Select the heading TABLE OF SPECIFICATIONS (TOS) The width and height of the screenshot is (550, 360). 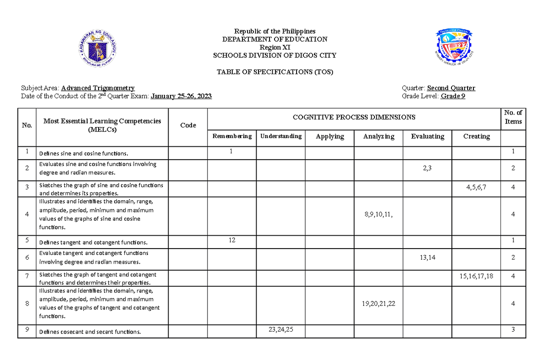pos(275,72)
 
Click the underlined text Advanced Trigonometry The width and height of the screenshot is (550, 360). pos(98,88)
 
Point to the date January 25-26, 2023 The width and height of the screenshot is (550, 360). pos(181,96)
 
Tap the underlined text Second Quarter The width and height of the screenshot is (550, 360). pos(451,88)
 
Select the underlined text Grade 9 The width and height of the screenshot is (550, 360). pos(453,96)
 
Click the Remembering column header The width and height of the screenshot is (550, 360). pos(232,136)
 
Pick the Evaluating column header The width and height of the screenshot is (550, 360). pos(427,136)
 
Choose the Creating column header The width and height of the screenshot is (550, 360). pos(476,136)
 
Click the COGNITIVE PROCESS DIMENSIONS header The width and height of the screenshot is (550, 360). pos(354,117)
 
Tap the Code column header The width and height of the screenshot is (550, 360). pos(188,125)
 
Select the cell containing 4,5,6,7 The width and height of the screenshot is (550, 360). pos(476,187)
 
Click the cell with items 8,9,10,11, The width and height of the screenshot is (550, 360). pos(379,214)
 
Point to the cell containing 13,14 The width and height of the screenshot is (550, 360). pos(427,258)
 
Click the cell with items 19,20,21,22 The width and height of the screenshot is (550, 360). pos(379,304)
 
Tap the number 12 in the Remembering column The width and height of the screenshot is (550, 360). pos(232,240)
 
